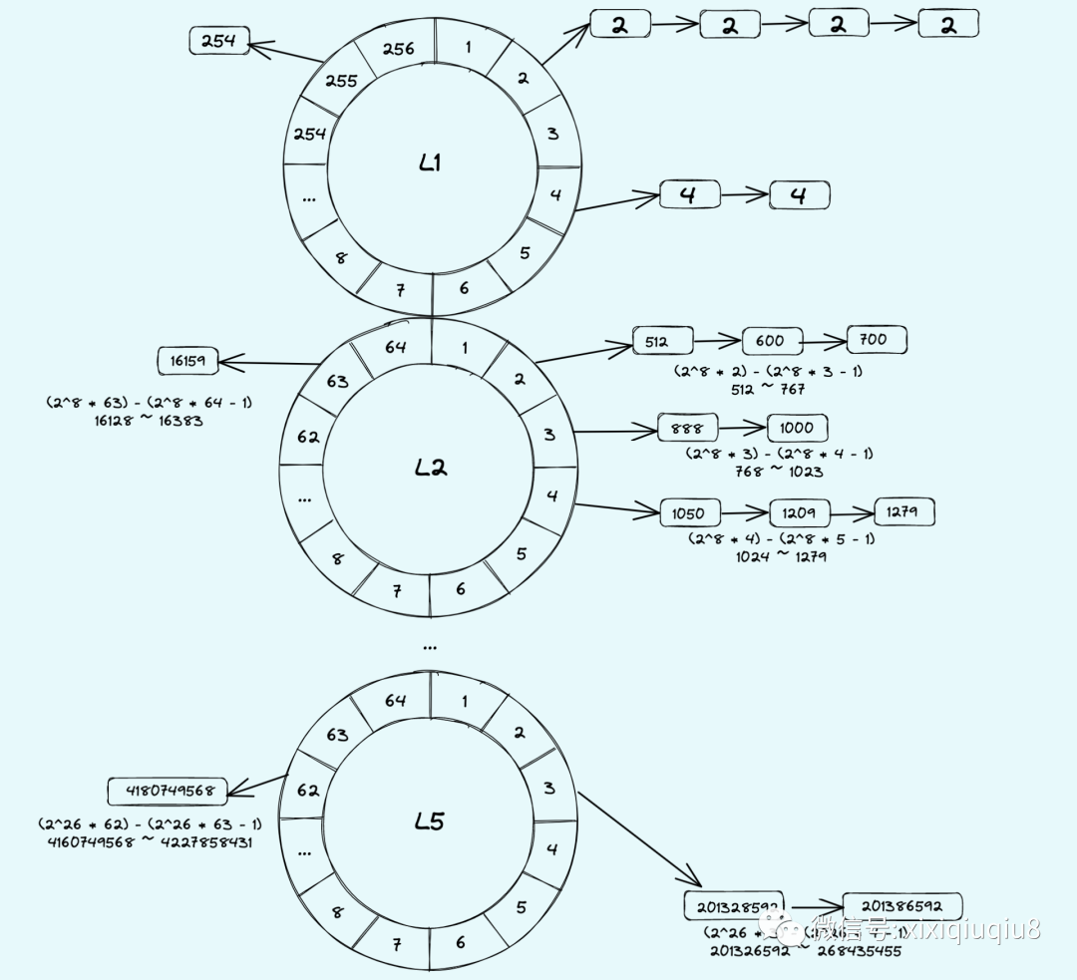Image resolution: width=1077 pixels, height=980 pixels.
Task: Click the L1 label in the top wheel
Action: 430,164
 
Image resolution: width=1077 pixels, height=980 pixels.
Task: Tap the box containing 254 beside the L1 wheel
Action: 219,41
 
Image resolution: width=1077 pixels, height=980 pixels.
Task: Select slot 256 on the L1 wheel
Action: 398,49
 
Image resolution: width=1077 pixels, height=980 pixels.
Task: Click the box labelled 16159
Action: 188,361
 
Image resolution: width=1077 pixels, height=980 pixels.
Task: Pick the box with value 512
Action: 662,342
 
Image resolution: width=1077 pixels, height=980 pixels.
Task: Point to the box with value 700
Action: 877,340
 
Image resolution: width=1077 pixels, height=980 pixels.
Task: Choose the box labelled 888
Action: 687,429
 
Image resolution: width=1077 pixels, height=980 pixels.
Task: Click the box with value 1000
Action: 797,428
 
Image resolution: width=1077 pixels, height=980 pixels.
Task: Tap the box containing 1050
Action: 689,513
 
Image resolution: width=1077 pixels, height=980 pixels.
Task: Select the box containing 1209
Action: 799,513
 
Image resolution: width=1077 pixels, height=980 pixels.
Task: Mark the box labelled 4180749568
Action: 168,792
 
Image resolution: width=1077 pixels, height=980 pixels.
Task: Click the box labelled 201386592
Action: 901,906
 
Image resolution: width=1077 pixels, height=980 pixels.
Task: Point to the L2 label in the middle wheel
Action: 430,467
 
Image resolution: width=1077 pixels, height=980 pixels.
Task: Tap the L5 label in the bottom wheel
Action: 430,821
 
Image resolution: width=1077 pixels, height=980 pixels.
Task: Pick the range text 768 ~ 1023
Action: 780,471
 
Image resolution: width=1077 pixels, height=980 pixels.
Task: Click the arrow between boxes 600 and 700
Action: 823,341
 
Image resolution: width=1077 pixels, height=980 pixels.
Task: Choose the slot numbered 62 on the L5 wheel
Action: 307,791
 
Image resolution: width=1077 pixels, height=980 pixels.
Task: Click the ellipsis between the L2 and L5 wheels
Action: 430,647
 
